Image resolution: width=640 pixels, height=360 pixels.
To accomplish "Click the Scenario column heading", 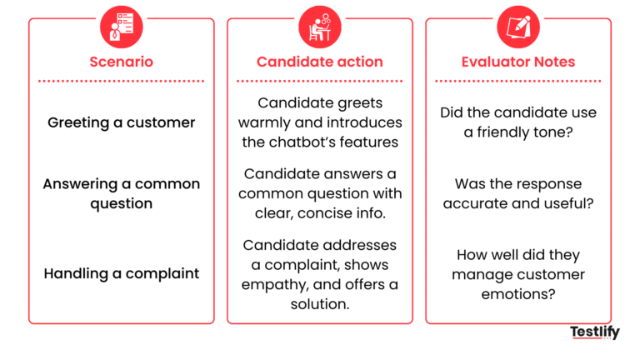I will pos(122,62).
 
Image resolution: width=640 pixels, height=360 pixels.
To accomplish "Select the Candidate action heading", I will pos(320,62).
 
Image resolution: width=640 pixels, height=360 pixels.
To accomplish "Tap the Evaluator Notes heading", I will pos(518,62).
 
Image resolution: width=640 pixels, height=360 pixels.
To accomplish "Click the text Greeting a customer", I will pos(122,122).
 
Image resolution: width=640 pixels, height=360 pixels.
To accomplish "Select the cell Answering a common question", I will pos(122,193).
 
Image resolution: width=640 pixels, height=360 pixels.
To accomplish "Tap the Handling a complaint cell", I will pos(122,273).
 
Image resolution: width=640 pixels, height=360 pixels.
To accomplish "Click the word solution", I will pos(319,304).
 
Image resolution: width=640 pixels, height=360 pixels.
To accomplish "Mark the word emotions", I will pos(518,294).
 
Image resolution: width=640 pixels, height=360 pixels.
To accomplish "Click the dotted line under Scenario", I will pos(122,81).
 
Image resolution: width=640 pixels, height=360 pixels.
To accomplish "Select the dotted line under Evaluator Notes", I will pos(518,81).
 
